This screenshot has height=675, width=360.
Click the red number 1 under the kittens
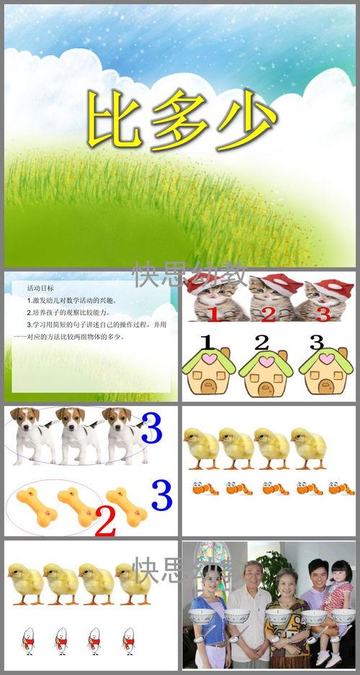pos(213,314)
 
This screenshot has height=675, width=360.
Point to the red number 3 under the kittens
pos(323,314)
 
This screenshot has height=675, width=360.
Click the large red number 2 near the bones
pos(105,521)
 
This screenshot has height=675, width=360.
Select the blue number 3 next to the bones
pos(161,495)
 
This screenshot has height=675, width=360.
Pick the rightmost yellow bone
pos(126,504)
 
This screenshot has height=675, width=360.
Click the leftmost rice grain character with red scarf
pos(27,639)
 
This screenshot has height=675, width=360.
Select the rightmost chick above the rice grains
pos(135,581)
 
